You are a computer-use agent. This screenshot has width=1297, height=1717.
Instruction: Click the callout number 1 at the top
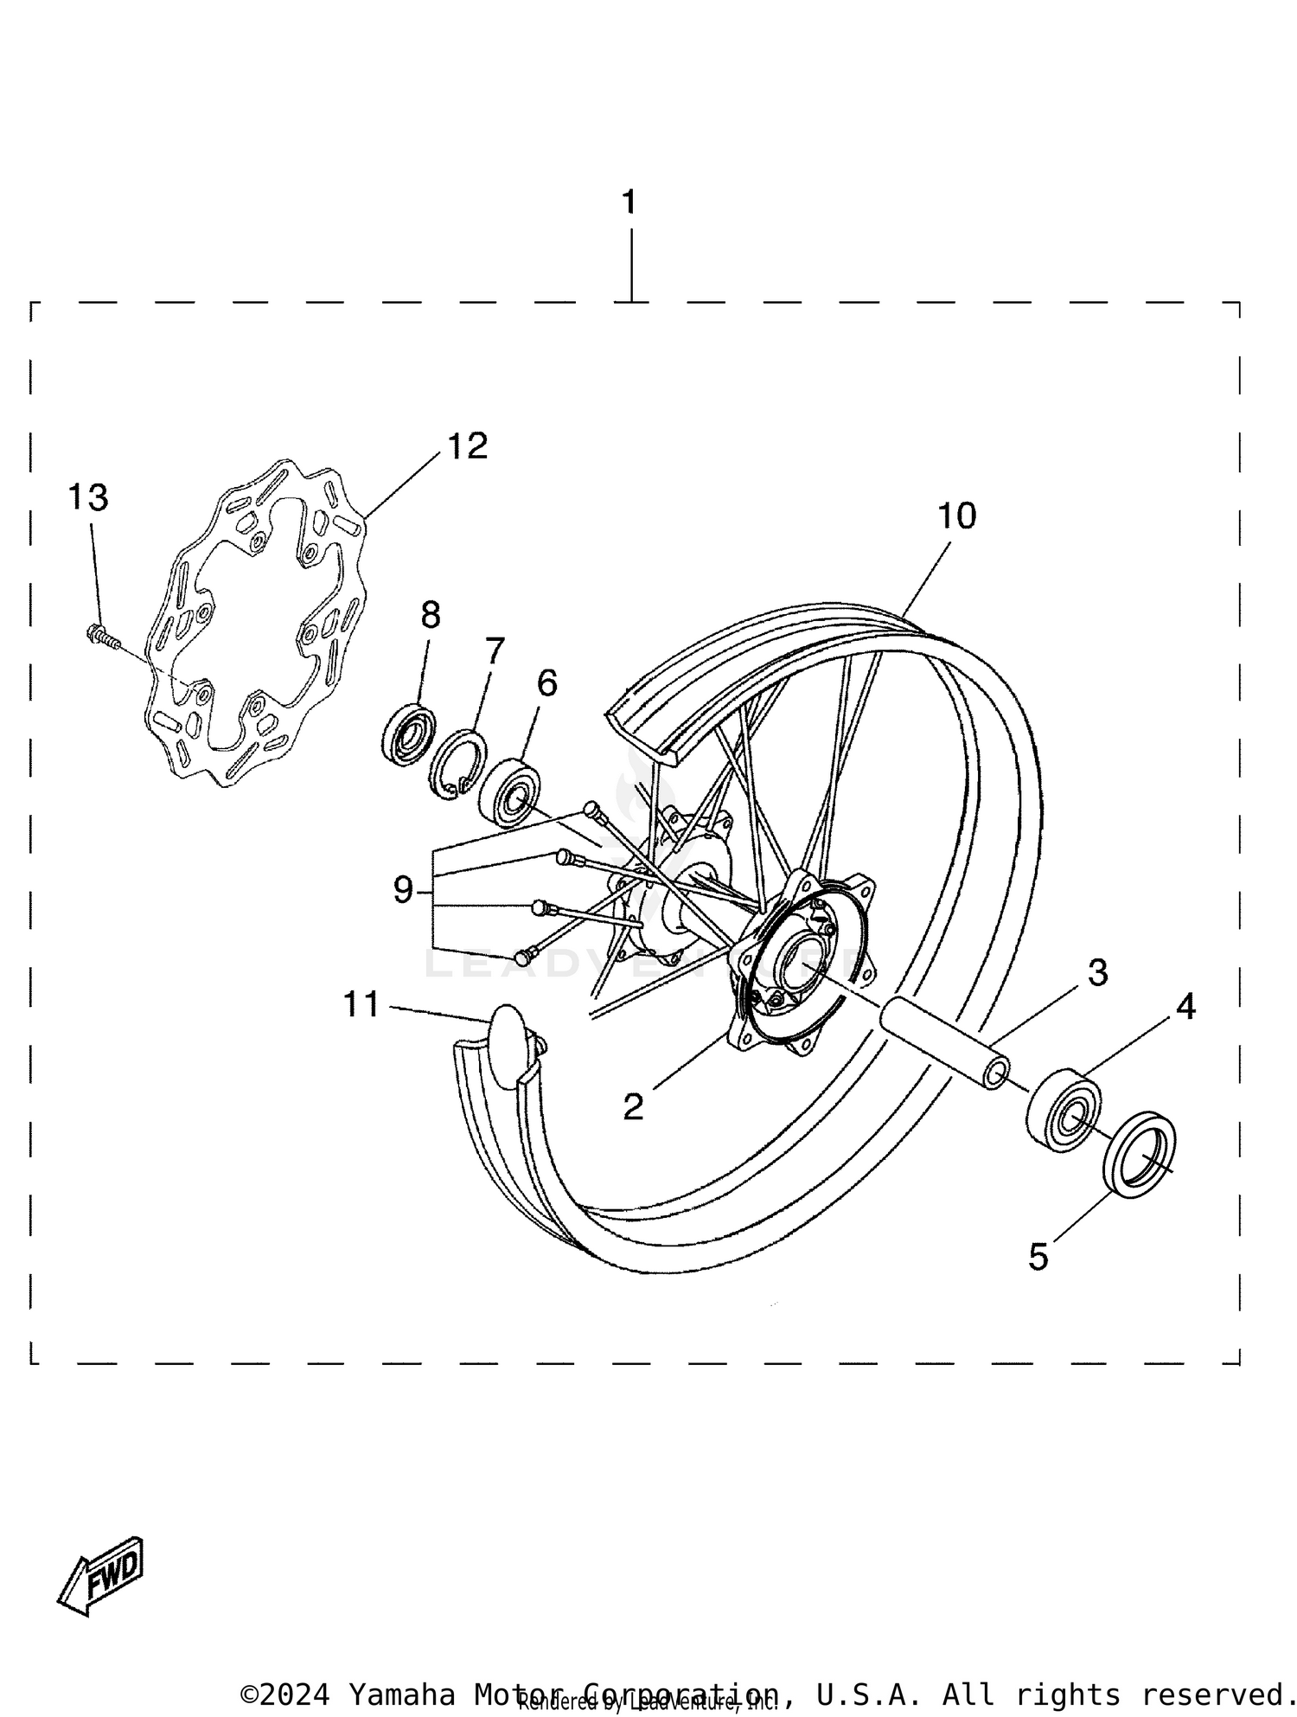tap(629, 202)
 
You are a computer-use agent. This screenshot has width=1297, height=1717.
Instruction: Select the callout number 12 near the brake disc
tap(467, 446)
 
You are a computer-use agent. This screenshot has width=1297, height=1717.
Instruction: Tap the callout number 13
tap(88, 497)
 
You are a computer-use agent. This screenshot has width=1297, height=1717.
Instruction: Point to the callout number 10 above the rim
tap(956, 516)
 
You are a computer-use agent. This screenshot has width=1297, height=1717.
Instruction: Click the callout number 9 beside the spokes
tap(404, 889)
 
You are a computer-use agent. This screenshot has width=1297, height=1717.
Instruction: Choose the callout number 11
tap(361, 1004)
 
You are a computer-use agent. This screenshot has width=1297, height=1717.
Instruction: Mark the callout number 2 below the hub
tap(634, 1106)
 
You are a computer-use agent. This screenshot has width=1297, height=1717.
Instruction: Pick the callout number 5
tap(1038, 1256)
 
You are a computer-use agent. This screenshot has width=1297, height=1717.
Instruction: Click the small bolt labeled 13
tap(102, 637)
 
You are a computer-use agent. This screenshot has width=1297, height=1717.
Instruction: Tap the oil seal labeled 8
tap(408, 734)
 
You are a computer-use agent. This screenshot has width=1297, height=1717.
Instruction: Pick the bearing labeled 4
tap(1064, 1110)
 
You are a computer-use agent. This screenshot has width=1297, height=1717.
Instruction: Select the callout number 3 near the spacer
tap(1097, 972)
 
